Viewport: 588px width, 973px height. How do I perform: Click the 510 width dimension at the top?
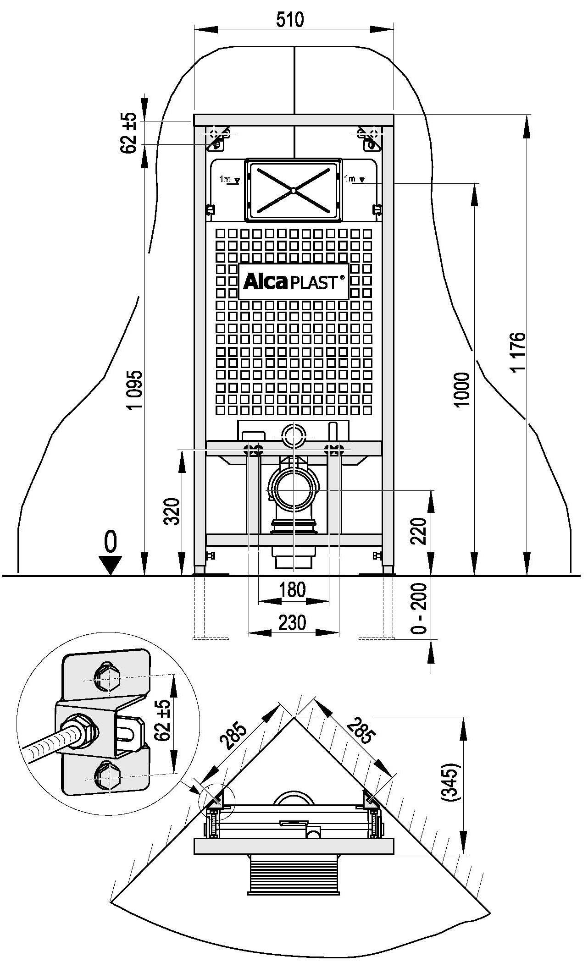(290, 20)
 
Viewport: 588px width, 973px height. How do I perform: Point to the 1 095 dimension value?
(136, 390)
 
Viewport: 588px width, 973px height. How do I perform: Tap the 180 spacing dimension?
(293, 589)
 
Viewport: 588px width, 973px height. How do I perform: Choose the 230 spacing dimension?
(293, 622)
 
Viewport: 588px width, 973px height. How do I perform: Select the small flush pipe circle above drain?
(293, 436)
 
